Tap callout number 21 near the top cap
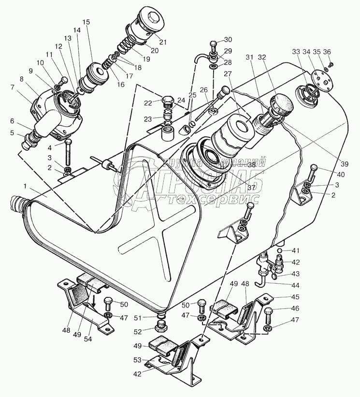[x=163, y=42]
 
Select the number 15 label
[x=86, y=22]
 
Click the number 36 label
[x=327, y=52]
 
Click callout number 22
[x=147, y=102]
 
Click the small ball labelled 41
[x=279, y=250]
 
